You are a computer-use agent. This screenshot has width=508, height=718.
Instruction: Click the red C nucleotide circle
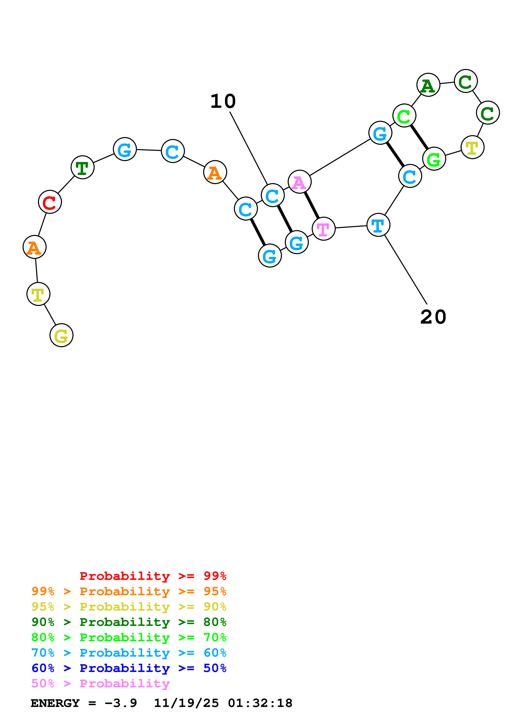point(50,202)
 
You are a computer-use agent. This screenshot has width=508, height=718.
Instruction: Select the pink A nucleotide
point(300,182)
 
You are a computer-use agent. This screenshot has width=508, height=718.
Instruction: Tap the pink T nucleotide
point(324,229)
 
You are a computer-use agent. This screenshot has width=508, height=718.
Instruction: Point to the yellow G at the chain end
point(61,335)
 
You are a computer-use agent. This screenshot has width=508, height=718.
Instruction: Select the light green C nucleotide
point(404,116)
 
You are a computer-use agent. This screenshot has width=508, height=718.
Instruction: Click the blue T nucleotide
point(378,225)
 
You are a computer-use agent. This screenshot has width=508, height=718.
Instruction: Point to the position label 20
point(433,317)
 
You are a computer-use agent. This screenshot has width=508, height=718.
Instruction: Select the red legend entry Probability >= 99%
point(153,576)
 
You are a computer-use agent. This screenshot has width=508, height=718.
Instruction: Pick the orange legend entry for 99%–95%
point(129,591)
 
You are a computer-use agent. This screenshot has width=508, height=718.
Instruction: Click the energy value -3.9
point(121,703)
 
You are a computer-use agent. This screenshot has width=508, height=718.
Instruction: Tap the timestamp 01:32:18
point(260,703)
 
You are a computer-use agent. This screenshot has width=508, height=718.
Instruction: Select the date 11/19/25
point(186,703)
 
